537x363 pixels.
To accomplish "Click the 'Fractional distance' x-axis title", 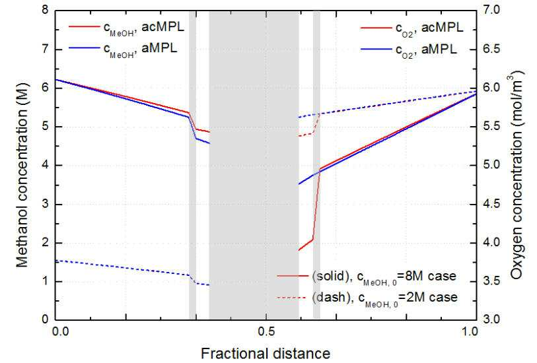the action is coord(266,353).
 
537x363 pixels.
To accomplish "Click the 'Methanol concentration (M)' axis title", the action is coord(22,174).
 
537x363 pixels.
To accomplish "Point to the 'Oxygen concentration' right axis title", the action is coord(516,175).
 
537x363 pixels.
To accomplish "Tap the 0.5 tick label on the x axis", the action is coord(266,331).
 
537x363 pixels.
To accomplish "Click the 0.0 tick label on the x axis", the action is coord(60,331).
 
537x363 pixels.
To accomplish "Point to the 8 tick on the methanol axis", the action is coord(45,10).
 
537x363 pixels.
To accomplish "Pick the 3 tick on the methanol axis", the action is coord(45,204).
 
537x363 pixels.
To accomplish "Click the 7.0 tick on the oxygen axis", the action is coord(491,10).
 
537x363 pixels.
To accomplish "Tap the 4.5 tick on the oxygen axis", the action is coord(491,204).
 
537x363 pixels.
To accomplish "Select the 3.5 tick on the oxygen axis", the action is coord(491,282).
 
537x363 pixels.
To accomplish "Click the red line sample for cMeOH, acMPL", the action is coord(85,26).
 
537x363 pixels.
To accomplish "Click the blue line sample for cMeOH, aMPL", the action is coord(85,48).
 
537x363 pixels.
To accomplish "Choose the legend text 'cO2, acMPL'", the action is coord(429,28).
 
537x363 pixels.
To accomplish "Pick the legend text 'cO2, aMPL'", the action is coord(425,50).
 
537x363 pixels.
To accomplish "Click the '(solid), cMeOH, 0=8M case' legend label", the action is coord(384,277).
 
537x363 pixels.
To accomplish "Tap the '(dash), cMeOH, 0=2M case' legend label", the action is coord(384,298).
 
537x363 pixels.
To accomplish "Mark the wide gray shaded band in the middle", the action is coord(254,165).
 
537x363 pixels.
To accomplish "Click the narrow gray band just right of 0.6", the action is coord(317,165).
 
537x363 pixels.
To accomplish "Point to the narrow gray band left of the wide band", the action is coord(192,165).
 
